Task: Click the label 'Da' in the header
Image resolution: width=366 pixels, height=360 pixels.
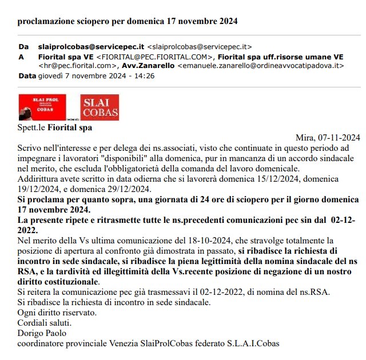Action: click(x=23, y=46)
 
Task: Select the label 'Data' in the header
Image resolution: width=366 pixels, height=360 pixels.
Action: click(x=27, y=75)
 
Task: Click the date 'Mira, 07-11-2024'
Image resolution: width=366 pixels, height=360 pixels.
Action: click(x=328, y=137)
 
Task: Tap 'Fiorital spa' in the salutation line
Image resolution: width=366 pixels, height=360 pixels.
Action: click(x=69, y=127)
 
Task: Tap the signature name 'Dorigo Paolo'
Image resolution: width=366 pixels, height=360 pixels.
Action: click(x=42, y=333)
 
